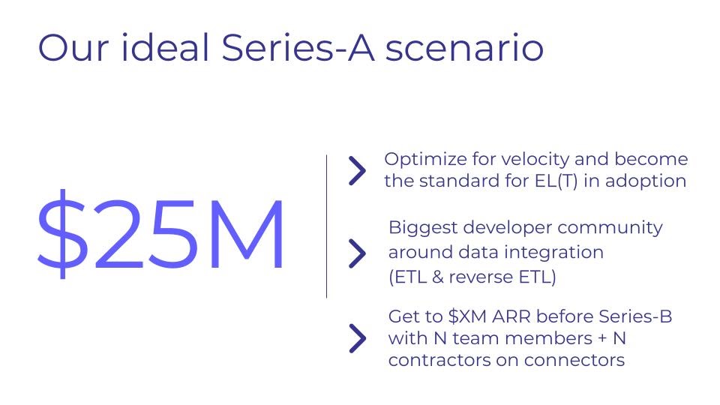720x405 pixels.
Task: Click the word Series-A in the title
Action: pos(298,47)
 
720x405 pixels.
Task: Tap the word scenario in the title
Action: pos(464,49)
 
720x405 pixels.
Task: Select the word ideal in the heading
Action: pos(165,47)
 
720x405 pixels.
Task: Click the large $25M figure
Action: pos(160,234)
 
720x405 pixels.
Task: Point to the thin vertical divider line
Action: pos(326,226)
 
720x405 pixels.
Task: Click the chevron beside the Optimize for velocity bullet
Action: pos(357,171)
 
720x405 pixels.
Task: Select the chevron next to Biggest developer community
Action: pos(357,253)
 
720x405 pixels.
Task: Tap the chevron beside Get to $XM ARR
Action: pos(357,338)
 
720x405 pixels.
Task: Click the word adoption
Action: pos(646,181)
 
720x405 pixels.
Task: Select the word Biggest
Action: pos(423,228)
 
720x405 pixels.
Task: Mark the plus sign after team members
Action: pos(602,339)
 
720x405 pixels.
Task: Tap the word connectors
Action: pos(574,361)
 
